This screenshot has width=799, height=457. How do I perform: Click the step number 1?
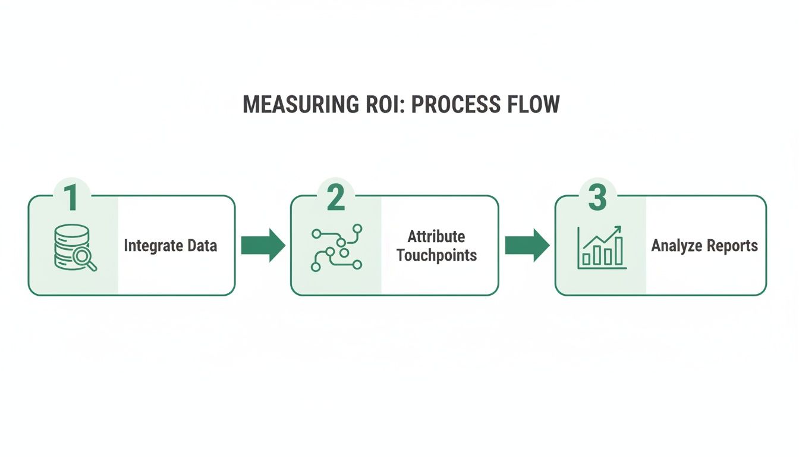pyautogui.click(x=72, y=199)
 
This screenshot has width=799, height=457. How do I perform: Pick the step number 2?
pyautogui.click(x=335, y=199)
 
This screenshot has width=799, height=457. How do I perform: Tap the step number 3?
pyautogui.click(x=597, y=199)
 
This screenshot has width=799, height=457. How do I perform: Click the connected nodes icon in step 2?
pyautogui.click(x=336, y=248)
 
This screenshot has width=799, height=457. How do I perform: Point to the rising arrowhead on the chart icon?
pyautogui.click(x=618, y=229)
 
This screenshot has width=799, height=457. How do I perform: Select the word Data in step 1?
pyautogui.click(x=204, y=245)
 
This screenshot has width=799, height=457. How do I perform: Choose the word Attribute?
pyautogui.click(x=436, y=236)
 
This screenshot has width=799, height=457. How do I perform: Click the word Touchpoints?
pyautogui.click(x=436, y=256)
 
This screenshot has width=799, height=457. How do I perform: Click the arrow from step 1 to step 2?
pyautogui.click(x=263, y=245)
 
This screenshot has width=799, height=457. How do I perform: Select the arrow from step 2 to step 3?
pyautogui.click(x=527, y=245)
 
